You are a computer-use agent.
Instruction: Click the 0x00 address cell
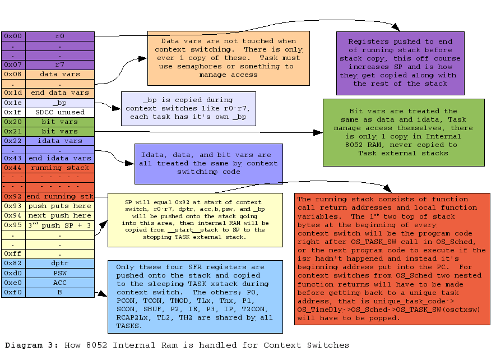tap(13, 36)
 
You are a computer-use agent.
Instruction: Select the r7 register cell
tap(59, 64)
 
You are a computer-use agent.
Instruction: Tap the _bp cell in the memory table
tap(59, 103)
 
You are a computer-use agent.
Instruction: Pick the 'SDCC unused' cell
tap(59, 112)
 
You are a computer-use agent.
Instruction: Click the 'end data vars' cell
tap(59, 93)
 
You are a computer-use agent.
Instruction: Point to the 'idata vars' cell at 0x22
tap(59, 141)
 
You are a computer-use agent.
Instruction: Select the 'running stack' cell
tap(59, 168)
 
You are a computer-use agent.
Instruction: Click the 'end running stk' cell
tap(59, 196)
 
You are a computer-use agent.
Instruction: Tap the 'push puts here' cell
tap(59, 206)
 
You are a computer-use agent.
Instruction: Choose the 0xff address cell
tap(13, 253)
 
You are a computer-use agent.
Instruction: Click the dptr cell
tap(59, 263)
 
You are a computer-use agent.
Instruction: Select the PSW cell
tap(59, 273)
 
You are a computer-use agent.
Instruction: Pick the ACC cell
tap(59, 282)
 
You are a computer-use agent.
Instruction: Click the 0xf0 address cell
tap(13, 292)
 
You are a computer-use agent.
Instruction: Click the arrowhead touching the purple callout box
tap(396, 28)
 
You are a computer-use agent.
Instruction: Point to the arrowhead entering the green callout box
tap(319, 133)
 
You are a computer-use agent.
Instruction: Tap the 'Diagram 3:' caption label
tap(30, 345)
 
